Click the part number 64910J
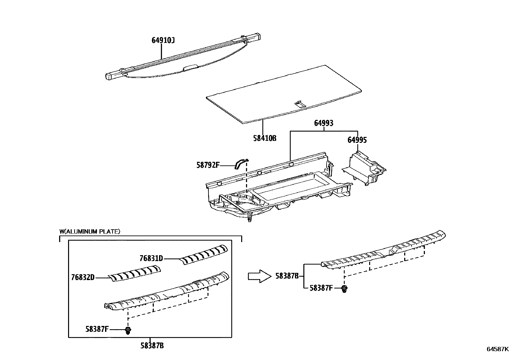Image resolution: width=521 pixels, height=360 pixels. coord(163,40)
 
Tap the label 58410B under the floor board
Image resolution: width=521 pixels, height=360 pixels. coord(264,138)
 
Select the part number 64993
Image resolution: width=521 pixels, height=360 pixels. coord(323,123)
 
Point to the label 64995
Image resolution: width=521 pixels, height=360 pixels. coord(357,140)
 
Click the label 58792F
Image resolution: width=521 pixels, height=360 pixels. coord(208,165)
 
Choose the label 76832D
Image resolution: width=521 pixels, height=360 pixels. coord(82,277)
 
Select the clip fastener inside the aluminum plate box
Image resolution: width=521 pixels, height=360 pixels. coord(128,331)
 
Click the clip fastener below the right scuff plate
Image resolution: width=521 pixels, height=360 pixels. coord(344,289)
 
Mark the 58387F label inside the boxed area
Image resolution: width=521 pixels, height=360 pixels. coord(97,329)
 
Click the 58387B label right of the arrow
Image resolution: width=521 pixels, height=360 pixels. coord(287,276)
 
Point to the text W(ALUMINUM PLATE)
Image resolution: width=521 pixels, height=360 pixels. coord(90,231)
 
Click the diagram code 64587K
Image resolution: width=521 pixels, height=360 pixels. coord(498,349)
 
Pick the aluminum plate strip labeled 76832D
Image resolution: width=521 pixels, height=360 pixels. coord(135,272)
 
